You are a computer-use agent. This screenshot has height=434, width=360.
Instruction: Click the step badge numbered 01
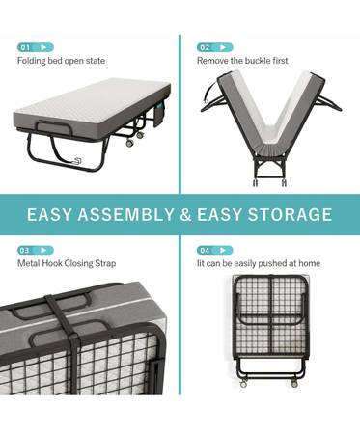[x=36, y=47]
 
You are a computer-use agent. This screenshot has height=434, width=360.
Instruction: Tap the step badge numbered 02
[x=214, y=47]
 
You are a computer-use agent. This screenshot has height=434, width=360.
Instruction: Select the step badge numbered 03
[x=36, y=250]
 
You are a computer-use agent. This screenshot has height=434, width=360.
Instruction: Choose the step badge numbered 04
[x=214, y=250]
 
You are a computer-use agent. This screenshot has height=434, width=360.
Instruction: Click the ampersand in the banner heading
[x=185, y=215]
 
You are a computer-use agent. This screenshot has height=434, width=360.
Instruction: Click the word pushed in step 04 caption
[x=272, y=263]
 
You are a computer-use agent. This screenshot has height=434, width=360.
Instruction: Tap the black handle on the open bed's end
[x=54, y=128]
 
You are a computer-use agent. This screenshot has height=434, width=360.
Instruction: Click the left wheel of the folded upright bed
[x=243, y=383]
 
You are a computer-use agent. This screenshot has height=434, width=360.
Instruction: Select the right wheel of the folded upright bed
[x=294, y=383]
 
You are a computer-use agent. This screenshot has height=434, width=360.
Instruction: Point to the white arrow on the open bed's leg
[x=77, y=161]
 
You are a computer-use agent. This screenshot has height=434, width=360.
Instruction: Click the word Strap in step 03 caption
[x=105, y=264]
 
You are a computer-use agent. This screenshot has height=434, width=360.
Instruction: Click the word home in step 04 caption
[x=309, y=263]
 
